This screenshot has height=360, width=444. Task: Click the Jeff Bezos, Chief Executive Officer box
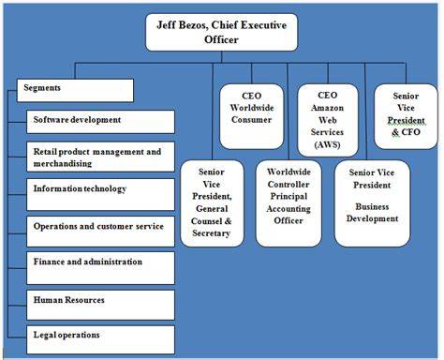(222, 32)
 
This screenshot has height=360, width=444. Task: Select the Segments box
(75, 90)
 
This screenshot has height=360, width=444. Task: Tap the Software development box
(100, 122)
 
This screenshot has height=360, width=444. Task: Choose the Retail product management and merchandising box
(100, 157)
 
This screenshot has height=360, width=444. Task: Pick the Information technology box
(100, 194)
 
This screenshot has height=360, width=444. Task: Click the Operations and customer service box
(100, 232)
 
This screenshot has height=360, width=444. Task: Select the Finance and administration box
(100, 268)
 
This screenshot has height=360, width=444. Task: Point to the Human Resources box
(100, 305)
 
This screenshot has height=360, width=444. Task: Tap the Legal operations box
(100, 339)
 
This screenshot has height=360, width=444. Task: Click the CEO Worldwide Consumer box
(252, 116)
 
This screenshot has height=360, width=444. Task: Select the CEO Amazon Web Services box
(328, 120)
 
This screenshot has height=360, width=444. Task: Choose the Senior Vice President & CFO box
(406, 116)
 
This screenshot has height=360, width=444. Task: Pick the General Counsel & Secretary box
(212, 203)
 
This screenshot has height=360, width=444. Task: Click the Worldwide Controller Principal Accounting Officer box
(289, 203)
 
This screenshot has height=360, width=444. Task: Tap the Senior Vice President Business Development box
(372, 203)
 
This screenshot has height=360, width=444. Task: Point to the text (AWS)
(327, 144)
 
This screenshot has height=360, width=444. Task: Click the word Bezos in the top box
(192, 25)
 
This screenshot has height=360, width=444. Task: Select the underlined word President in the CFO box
(406, 120)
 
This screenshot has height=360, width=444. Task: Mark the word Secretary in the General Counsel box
(212, 233)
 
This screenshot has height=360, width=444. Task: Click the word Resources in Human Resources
(85, 300)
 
